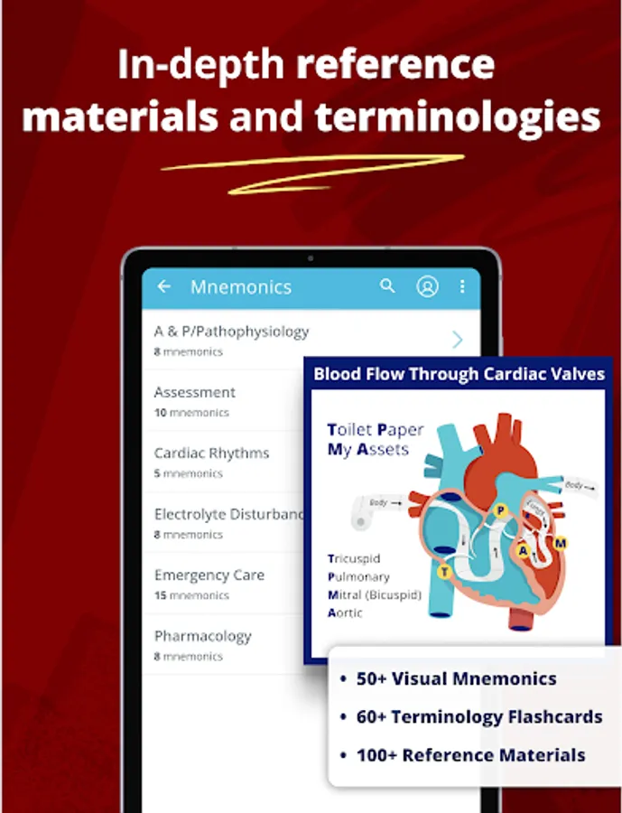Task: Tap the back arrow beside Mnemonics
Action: (x=163, y=286)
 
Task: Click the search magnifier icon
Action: (x=387, y=286)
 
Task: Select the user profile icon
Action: (x=427, y=286)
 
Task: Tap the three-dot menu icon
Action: (x=462, y=286)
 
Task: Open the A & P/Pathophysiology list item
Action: (x=231, y=339)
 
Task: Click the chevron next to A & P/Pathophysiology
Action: (x=458, y=340)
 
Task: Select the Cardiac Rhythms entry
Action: (x=211, y=461)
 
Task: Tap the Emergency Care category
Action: (x=209, y=583)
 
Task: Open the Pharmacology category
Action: (x=202, y=643)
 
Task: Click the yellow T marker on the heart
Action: (x=444, y=572)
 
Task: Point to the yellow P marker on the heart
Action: (x=500, y=511)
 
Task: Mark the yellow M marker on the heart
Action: (x=561, y=543)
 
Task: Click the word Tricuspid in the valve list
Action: (x=354, y=558)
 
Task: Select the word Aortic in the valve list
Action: (x=345, y=612)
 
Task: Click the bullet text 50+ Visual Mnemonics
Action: (x=456, y=678)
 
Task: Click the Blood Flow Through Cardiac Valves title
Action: (x=459, y=374)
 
